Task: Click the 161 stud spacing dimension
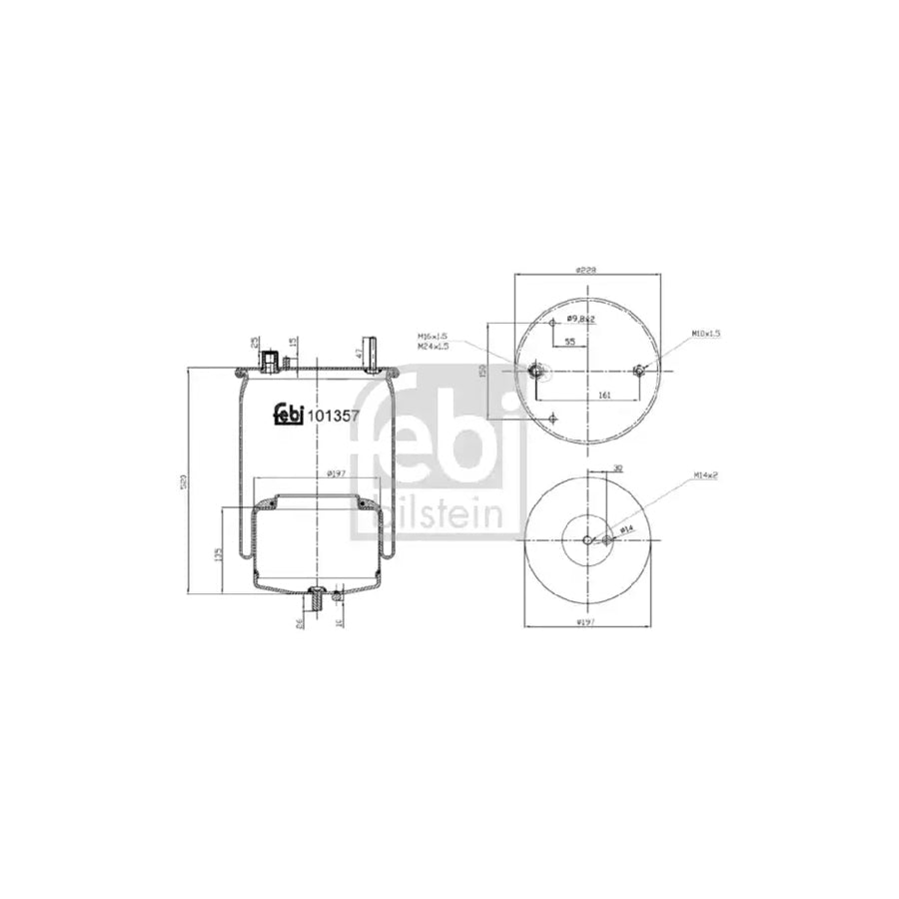(604, 396)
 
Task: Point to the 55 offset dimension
(570, 342)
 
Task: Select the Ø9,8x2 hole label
(581, 319)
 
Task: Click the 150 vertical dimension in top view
(481, 372)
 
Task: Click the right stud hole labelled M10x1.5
(639, 372)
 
